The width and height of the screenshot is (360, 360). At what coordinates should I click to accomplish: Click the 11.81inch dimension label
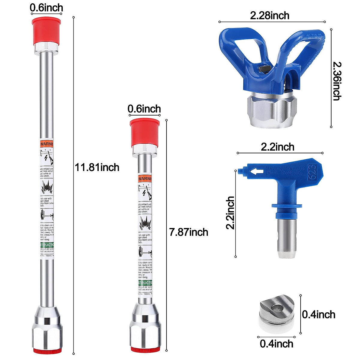click(x=97, y=167)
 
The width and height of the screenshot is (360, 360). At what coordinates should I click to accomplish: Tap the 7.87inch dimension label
click(x=188, y=232)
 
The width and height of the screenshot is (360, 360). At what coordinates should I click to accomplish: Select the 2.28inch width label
click(x=270, y=16)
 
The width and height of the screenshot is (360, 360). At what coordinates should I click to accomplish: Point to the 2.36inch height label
click(x=337, y=81)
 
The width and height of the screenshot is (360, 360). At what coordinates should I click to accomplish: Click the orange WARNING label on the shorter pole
click(x=145, y=179)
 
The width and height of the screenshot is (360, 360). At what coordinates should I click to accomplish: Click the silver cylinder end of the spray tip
click(x=287, y=237)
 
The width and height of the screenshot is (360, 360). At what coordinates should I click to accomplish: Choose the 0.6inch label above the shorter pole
click(x=144, y=109)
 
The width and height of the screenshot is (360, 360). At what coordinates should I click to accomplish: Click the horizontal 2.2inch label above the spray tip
click(x=277, y=147)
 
